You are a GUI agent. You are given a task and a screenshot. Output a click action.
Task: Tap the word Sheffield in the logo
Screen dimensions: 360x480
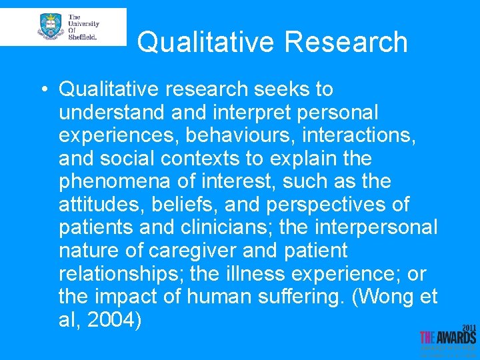(x=83, y=37)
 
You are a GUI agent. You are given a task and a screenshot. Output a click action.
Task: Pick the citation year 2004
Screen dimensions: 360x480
(x=115, y=321)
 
